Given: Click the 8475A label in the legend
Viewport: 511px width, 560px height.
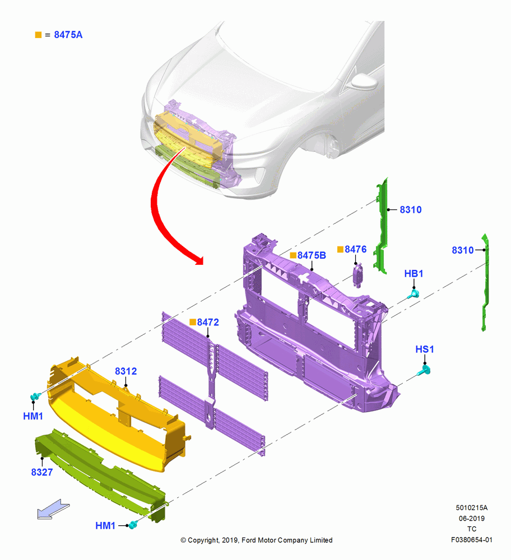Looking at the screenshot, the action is (68, 35).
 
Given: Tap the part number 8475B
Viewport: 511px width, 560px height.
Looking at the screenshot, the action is (312, 255).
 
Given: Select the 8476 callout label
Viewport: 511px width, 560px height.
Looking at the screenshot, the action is (356, 249).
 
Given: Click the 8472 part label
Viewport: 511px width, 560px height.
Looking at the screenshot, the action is (208, 322).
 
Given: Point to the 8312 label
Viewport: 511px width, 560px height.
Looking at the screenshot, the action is (126, 371).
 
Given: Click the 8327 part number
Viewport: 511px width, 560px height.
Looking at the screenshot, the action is (42, 472).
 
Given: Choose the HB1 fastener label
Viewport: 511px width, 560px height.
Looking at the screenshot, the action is (414, 274).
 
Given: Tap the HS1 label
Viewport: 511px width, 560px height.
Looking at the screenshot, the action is (425, 349).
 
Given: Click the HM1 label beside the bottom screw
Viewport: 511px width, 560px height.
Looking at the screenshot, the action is (105, 526).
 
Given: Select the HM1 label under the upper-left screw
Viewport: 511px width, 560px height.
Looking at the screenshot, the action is (33, 416).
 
